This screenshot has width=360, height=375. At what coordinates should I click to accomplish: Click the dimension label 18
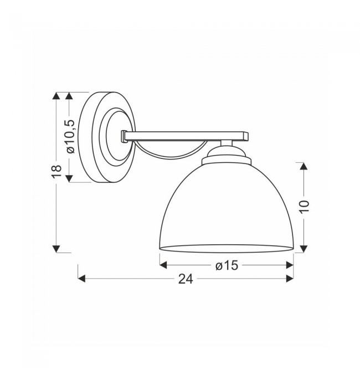pyautogui.click(x=56, y=172)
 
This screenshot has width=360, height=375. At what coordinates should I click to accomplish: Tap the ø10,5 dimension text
pyautogui.click(x=71, y=136)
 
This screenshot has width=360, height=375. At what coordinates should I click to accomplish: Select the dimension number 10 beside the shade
pyautogui.click(x=305, y=207)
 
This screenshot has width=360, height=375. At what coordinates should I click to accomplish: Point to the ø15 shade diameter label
pyautogui.click(x=227, y=265)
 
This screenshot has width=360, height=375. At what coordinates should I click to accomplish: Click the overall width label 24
pyautogui.click(x=186, y=279)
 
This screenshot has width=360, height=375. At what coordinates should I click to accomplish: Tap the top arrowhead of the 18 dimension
pyautogui.click(x=56, y=96)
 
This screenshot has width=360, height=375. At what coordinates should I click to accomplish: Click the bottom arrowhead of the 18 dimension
pyautogui.click(x=56, y=249)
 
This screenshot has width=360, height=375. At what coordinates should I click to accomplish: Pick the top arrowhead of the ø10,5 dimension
pyautogui.click(x=69, y=96)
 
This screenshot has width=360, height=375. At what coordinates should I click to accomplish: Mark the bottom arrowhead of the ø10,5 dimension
pyautogui.click(x=69, y=178)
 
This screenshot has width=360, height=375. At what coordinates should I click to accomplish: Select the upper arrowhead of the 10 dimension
pyautogui.click(x=304, y=166)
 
